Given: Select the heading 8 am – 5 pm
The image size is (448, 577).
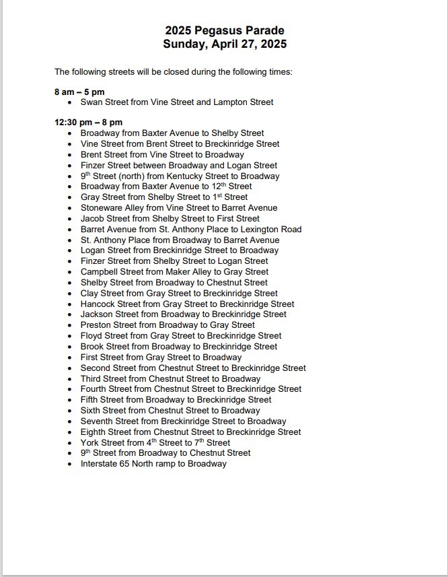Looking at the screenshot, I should pyautogui.click(x=79, y=92).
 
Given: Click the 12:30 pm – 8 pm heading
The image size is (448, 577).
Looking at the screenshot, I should pyautogui.click(x=88, y=123).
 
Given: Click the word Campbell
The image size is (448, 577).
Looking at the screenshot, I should pyautogui.click(x=100, y=272).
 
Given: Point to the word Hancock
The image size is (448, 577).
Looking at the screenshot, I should pyautogui.click(x=99, y=304).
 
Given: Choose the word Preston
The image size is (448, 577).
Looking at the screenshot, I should pyautogui.click(x=96, y=325).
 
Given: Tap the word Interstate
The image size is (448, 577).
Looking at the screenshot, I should pyautogui.click(x=101, y=464).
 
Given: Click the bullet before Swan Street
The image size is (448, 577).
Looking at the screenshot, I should pyautogui.click(x=70, y=103).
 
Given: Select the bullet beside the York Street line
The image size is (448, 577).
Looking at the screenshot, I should pyautogui.click(x=70, y=443).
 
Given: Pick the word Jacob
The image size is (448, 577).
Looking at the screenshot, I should pyautogui.click(x=93, y=219).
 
